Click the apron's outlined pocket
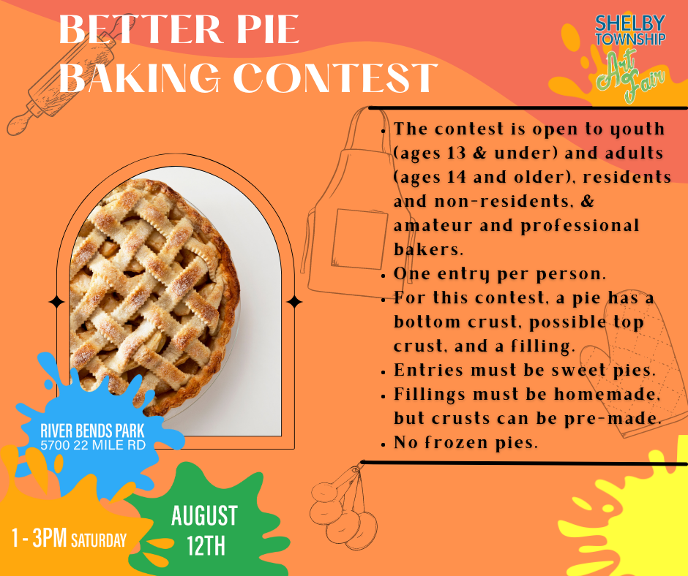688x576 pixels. (x=358, y=238)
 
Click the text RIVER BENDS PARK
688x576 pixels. (x=93, y=431)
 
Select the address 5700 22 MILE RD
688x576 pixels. (x=93, y=444)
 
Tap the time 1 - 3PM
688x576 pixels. (x=39, y=539)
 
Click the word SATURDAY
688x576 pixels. (x=98, y=542)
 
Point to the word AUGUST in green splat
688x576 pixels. (x=204, y=516)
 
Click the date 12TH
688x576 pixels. (x=205, y=546)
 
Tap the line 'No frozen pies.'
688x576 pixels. (x=465, y=442)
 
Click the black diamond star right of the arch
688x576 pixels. (x=294, y=301)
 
